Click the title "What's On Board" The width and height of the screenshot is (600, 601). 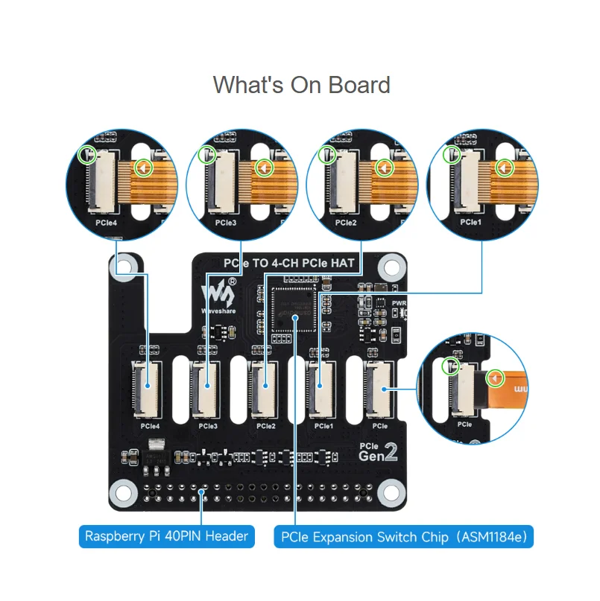(x=301, y=85)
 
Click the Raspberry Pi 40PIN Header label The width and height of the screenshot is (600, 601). (x=166, y=535)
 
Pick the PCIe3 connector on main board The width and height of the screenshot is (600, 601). (x=206, y=387)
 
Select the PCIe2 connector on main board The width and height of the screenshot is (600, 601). (x=264, y=387)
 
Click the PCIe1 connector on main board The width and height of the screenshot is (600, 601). (x=321, y=387)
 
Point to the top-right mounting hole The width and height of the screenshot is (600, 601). (x=388, y=266)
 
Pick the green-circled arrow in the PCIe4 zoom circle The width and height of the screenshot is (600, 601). (x=142, y=168)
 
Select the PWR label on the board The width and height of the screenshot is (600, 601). (x=400, y=303)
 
